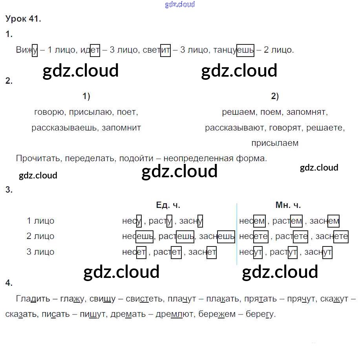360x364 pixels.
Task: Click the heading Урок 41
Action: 23,19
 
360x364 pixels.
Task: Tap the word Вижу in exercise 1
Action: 27,50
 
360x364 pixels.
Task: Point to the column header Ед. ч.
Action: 168,205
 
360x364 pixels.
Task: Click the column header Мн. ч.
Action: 288,205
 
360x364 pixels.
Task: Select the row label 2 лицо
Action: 40,236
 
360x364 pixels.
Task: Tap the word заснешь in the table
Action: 217,236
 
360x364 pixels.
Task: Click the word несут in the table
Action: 251,252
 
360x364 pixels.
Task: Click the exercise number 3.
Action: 9,190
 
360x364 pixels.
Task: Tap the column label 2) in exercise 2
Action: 275,96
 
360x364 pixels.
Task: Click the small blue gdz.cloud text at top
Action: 180,5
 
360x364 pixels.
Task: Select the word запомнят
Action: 306,112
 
